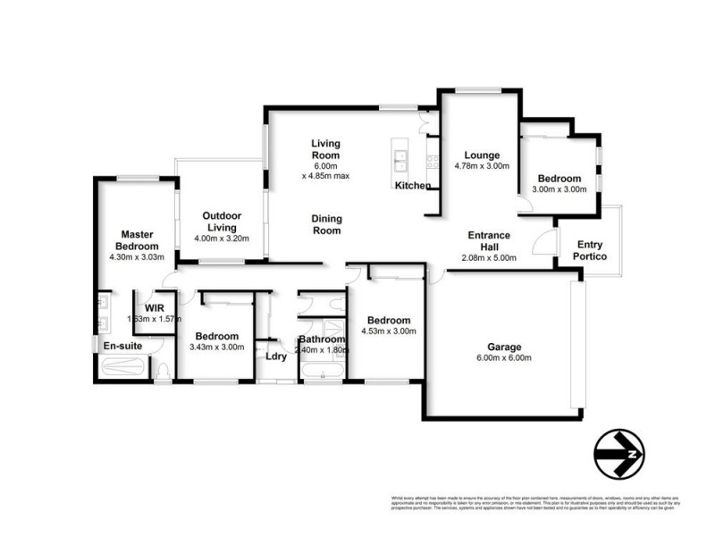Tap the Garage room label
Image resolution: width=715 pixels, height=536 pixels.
click(x=504, y=347)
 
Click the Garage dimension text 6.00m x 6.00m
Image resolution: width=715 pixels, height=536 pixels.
click(x=504, y=358)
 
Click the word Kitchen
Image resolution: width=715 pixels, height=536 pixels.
click(x=413, y=186)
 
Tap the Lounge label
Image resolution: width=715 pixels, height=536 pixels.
click(x=482, y=155)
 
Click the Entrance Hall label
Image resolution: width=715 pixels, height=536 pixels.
click(x=489, y=241)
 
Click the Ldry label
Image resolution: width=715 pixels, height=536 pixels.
click(x=276, y=356)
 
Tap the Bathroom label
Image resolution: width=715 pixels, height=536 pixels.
click(x=322, y=339)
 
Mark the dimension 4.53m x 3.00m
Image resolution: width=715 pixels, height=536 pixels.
click(x=388, y=331)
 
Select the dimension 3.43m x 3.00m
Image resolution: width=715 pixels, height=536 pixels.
click(x=219, y=348)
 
